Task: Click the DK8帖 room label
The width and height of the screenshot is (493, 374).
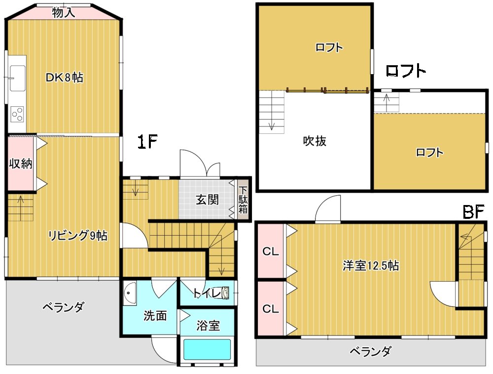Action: [x=65, y=77]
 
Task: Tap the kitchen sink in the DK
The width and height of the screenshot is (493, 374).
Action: [x=17, y=78]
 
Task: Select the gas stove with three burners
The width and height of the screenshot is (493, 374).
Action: [x=17, y=115]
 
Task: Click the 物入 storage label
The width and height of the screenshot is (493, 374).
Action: [x=64, y=13]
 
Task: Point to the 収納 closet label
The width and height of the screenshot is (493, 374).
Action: [x=20, y=164]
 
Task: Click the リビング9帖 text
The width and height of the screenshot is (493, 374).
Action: [x=78, y=235]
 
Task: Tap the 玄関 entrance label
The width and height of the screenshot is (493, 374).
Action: [x=207, y=200]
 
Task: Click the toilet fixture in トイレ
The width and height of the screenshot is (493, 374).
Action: [x=225, y=293]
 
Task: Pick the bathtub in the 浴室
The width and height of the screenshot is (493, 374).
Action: [x=207, y=349]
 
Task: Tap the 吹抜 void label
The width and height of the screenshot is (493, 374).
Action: [x=315, y=141]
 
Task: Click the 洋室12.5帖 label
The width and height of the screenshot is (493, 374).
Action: [x=371, y=266]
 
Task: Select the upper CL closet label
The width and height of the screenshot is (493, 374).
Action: [x=270, y=251]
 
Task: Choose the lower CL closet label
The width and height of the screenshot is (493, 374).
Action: [x=270, y=308]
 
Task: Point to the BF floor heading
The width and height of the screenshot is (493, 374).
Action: [x=473, y=212]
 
